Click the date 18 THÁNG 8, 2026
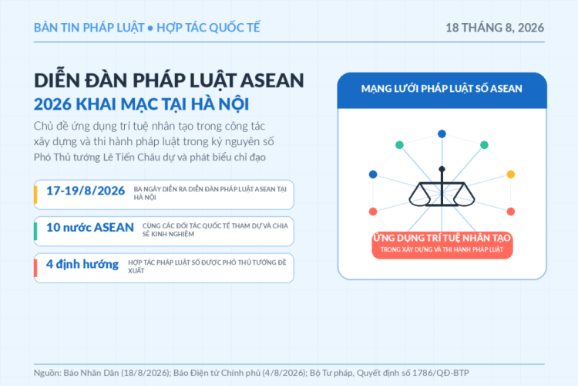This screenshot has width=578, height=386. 495,28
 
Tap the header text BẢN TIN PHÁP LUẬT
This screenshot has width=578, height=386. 89,28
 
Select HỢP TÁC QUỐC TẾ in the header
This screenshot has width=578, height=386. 208,28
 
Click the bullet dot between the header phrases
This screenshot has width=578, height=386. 150,28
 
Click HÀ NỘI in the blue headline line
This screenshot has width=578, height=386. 220,104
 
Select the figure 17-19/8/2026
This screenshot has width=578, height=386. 86,191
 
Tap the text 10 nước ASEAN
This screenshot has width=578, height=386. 90,227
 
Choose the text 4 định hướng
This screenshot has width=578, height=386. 82,265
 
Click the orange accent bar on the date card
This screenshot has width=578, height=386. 35,195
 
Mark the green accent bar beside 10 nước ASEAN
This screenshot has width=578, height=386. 35,232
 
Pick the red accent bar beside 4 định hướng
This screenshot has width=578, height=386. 35,268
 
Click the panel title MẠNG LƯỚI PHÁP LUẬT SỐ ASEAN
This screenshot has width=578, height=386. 442,89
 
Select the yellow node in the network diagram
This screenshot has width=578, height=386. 510,174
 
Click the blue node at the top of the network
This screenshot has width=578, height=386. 442,134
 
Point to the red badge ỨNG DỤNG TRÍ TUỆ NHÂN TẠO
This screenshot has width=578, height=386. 442,243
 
